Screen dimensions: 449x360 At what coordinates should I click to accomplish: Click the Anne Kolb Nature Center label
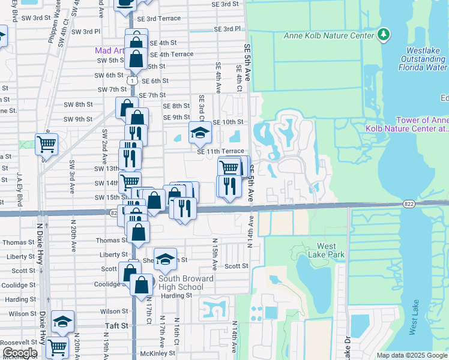[x=328, y=35]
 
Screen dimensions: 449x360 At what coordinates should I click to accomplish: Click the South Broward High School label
[x=186, y=283]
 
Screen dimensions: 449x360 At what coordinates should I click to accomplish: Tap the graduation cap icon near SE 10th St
[x=200, y=133]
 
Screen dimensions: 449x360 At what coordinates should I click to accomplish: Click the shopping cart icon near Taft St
[x=57, y=346]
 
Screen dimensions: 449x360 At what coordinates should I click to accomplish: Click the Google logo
[x=20, y=353]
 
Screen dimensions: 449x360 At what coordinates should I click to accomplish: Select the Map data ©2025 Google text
[x=411, y=355]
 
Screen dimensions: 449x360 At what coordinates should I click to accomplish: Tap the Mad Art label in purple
[x=109, y=51]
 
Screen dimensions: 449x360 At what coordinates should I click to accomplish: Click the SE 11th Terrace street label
[x=221, y=151]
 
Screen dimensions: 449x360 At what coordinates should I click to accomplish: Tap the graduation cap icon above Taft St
[x=62, y=322]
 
